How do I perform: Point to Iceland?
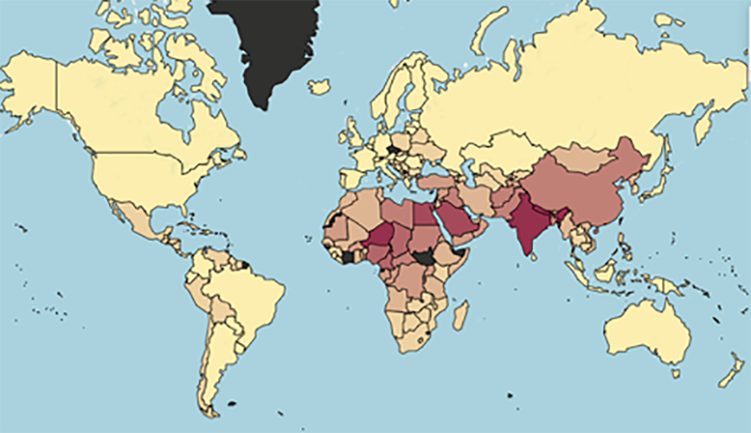319,86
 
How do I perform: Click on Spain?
353,176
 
